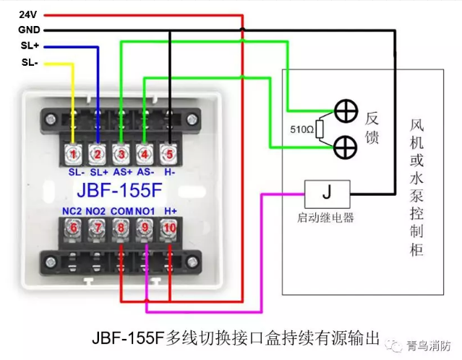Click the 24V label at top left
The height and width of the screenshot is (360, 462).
27,14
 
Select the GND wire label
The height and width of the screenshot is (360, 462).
29,30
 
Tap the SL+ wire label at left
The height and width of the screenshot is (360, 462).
30,46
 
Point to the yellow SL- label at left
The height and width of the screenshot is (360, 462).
29,62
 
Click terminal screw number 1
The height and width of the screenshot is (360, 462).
72,153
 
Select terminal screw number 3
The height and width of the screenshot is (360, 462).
121,153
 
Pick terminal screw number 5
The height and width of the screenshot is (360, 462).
170,153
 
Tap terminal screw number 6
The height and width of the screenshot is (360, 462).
72,228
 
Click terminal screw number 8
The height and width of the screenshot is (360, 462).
121,228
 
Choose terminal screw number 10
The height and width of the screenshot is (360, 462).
170,228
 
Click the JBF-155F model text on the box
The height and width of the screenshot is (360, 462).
121,191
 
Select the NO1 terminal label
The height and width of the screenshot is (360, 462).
146,210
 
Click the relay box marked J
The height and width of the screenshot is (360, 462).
326,193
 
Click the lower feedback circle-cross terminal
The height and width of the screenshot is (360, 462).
347,147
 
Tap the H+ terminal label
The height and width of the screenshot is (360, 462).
171,210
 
